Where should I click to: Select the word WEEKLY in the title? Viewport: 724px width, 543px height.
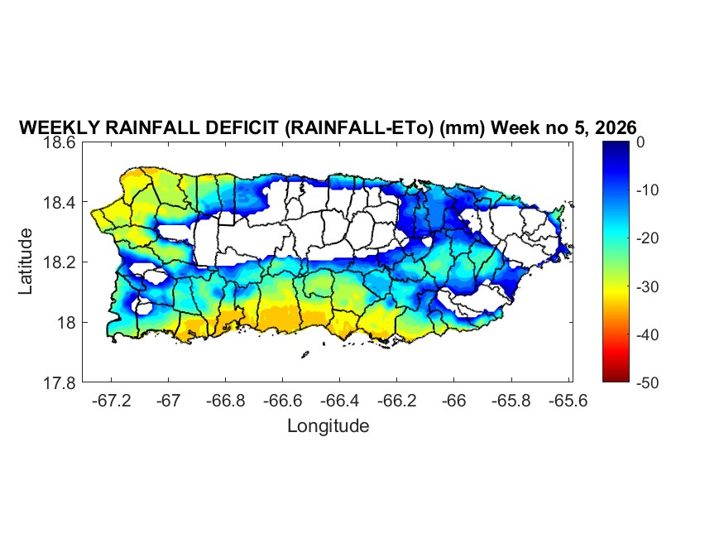coord(52,128)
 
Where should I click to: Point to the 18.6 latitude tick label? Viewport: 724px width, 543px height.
coord(60,142)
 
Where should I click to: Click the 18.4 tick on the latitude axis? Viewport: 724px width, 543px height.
coord(60,203)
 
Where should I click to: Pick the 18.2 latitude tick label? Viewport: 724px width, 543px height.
coord(60,262)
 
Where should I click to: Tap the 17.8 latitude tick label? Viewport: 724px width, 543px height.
coord(60,382)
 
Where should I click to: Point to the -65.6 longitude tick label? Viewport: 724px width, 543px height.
coord(567,401)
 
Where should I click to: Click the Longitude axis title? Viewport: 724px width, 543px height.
coord(328,426)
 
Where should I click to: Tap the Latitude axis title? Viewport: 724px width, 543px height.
coord(26,261)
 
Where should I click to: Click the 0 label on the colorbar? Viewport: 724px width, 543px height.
coord(640,142)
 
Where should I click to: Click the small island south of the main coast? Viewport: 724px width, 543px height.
coord(304,355)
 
